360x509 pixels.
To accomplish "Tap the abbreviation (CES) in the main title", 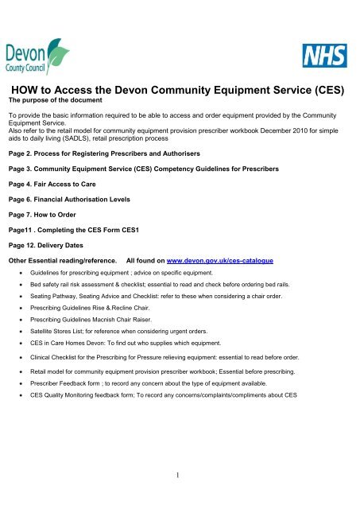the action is coord(322,90).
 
